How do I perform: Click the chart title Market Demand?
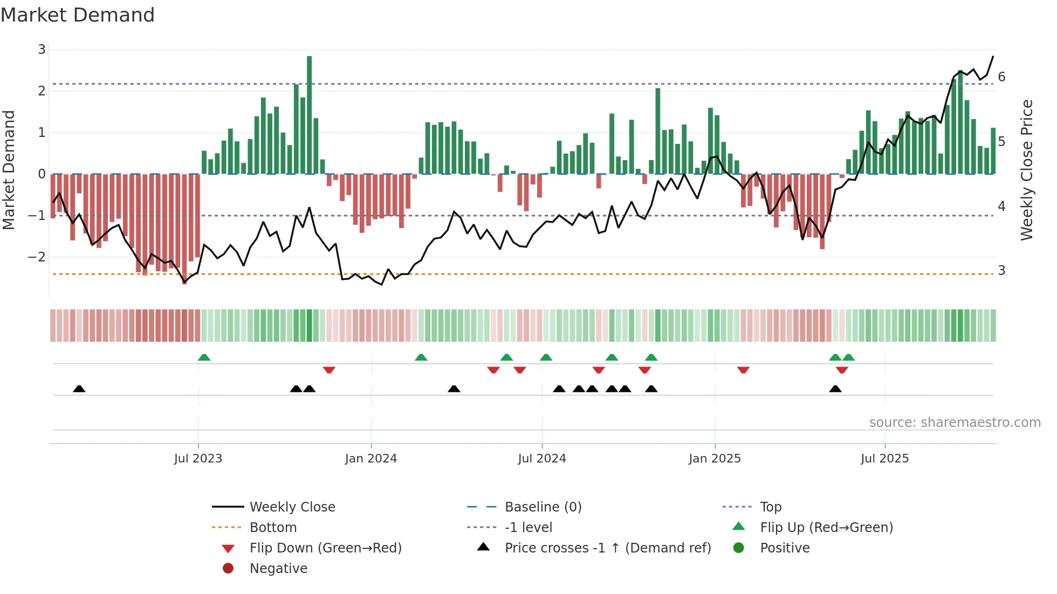click(78, 15)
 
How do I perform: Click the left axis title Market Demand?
click(9, 170)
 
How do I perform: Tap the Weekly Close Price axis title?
click(1026, 170)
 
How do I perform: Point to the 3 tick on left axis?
click(42, 50)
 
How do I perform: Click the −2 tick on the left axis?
click(37, 257)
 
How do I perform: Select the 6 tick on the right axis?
click(1001, 77)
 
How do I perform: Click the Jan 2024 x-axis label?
click(371, 459)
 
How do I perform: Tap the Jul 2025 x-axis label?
click(884, 459)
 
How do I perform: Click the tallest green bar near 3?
click(309, 113)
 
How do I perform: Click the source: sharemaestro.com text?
click(955, 423)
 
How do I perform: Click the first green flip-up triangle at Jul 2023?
click(204, 357)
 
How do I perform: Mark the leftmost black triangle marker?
click(79, 389)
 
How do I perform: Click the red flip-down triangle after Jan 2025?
click(743, 370)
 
